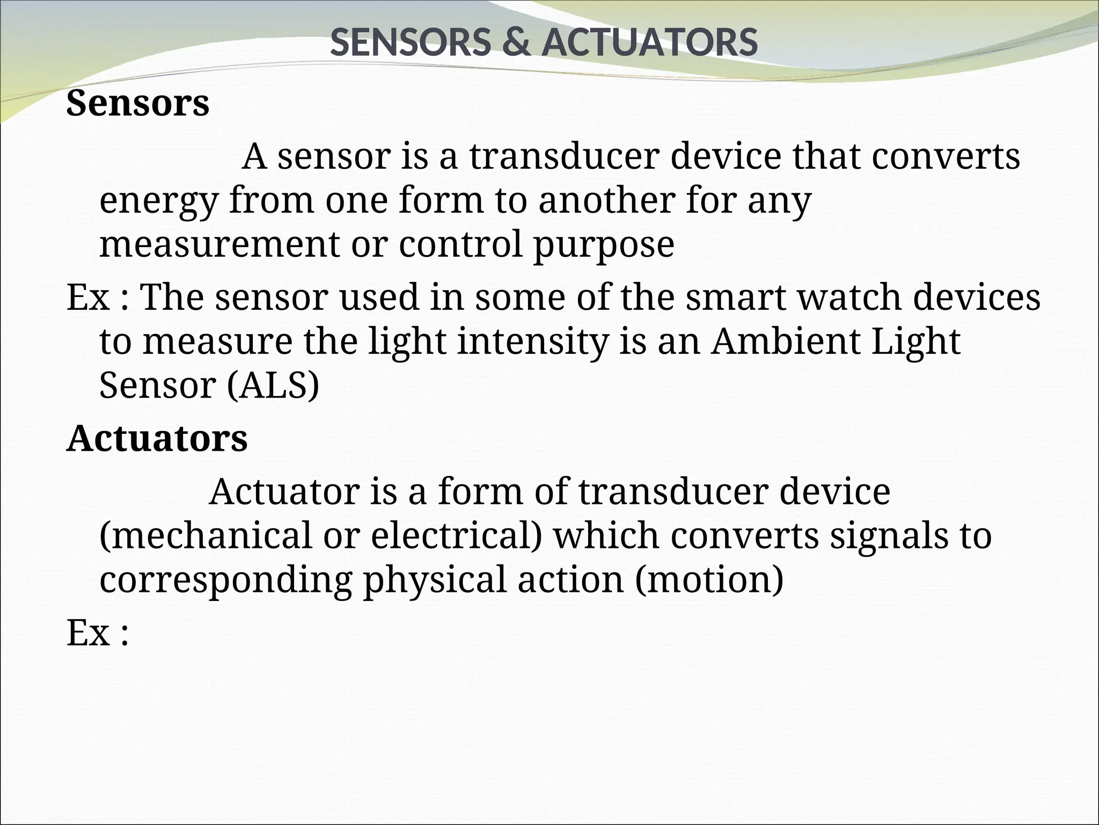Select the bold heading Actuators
pos(157,438)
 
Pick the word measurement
pos(219,244)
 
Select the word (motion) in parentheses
pos(709,580)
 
